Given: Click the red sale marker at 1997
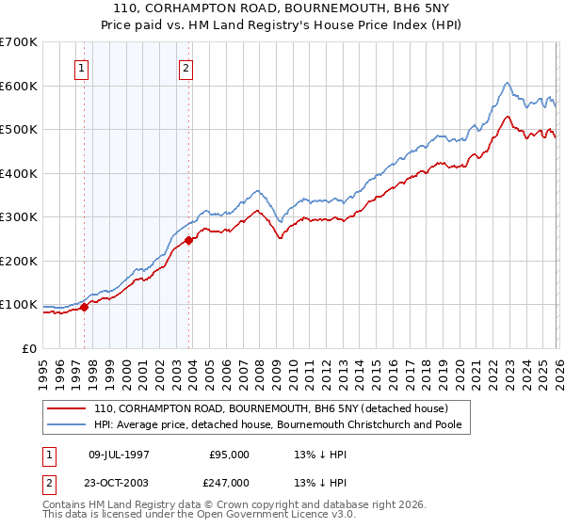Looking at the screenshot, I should (x=84, y=306).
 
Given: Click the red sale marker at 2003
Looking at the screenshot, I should (x=189, y=240).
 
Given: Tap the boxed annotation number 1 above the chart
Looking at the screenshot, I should (x=82, y=68).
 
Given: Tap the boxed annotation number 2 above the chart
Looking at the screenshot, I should (x=186, y=68).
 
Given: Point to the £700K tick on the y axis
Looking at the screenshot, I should (x=19, y=42).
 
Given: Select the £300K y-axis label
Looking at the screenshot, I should (x=19, y=217).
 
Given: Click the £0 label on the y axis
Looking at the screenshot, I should (x=29, y=348).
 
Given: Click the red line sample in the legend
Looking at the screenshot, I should (x=67, y=408).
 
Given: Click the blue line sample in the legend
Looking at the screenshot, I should (x=67, y=424).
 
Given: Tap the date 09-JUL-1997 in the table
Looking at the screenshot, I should (x=119, y=455).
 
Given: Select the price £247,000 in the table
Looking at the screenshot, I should (x=229, y=483).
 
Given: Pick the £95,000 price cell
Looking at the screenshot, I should (x=229, y=455).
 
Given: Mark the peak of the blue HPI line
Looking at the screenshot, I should (x=507, y=82).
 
